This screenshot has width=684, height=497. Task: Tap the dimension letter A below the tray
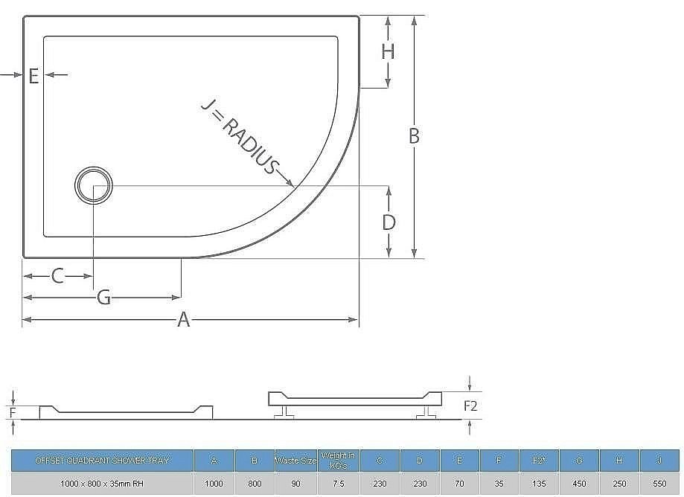click(x=184, y=320)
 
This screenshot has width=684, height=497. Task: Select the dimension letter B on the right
click(x=414, y=136)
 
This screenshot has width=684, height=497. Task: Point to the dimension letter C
click(x=57, y=277)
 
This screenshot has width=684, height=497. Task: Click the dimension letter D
click(x=389, y=222)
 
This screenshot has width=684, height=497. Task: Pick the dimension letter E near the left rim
click(x=33, y=75)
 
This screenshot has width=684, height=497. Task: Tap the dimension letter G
click(x=104, y=298)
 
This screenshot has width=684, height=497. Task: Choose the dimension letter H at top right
click(x=388, y=51)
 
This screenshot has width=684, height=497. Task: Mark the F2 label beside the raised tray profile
click(x=471, y=406)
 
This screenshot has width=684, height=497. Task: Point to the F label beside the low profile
click(x=12, y=411)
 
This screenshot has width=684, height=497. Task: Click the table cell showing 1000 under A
click(x=214, y=484)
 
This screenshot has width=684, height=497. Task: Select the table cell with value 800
click(x=255, y=484)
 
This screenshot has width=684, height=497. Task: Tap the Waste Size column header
click(x=296, y=461)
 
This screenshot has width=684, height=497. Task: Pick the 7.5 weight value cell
click(x=339, y=484)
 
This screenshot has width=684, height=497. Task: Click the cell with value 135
click(x=539, y=484)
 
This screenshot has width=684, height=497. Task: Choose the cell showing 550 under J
click(x=659, y=484)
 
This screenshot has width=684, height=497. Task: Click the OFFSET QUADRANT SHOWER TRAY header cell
click(x=102, y=461)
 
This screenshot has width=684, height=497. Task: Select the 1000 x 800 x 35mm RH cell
click(x=102, y=484)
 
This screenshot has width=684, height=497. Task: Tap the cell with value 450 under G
click(x=579, y=484)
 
